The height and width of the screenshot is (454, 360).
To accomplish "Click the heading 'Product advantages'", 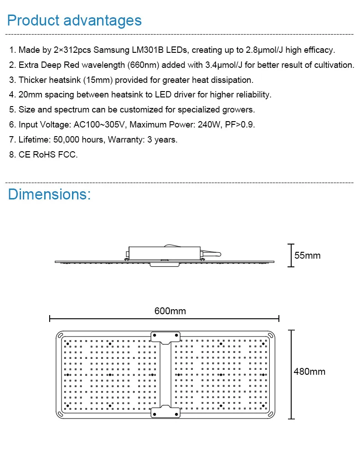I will pyautogui.click(x=74, y=20).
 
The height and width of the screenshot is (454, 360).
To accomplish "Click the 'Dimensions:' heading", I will pyautogui.click(x=49, y=194).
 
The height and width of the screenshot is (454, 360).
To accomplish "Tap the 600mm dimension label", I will pyautogui.click(x=170, y=311).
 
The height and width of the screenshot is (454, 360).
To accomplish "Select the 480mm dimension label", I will pyautogui.click(x=309, y=372).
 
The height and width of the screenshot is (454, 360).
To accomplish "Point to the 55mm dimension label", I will pyautogui.click(x=308, y=255).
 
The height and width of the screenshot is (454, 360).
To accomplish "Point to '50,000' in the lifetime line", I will pyautogui.click(x=67, y=140).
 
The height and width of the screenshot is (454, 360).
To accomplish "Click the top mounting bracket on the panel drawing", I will pyautogui.click(x=165, y=337).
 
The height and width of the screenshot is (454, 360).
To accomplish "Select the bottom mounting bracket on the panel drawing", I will pyautogui.click(x=165, y=412).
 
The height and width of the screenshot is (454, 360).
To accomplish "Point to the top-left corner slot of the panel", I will pyautogui.click(x=59, y=336).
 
